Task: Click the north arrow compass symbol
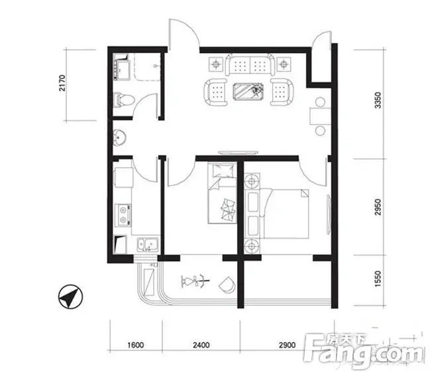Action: tap(70, 296)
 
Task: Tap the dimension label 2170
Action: tap(62, 83)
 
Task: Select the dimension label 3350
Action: tap(378, 100)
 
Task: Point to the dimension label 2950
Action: tap(378, 207)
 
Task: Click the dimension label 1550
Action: tap(378, 279)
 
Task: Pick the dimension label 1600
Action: tap(136, 345)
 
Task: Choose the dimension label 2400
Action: tap(201, 345)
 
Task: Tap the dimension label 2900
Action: tap(288, 345)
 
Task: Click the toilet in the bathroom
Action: tap(124, 100)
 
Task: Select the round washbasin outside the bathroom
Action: tap(120, 137)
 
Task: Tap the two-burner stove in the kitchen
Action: tap(123, 215)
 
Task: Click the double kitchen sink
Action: tap(148, 245)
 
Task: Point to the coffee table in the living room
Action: tap(248, 92)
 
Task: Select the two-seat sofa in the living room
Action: tap(250, 64)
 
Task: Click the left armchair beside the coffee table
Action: tap(215, 92)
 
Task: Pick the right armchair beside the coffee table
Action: tap(282, 92)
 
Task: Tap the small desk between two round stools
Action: tap(321, 117)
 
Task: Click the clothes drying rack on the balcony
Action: tap(195, 281)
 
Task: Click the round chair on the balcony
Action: tap(227, 284)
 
